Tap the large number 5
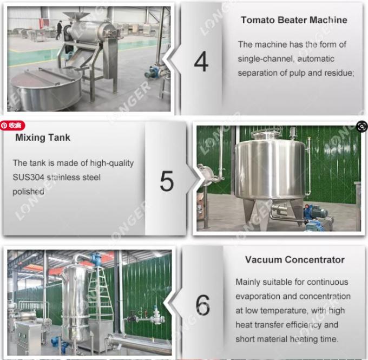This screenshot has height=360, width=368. tap(167, 181)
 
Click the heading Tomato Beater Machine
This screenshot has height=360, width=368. tap(294, 20)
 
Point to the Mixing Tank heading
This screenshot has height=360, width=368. tap(43, 138)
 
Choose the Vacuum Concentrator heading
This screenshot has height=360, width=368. tap(294, 260)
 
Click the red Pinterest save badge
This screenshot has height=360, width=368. tap(11, 125)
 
